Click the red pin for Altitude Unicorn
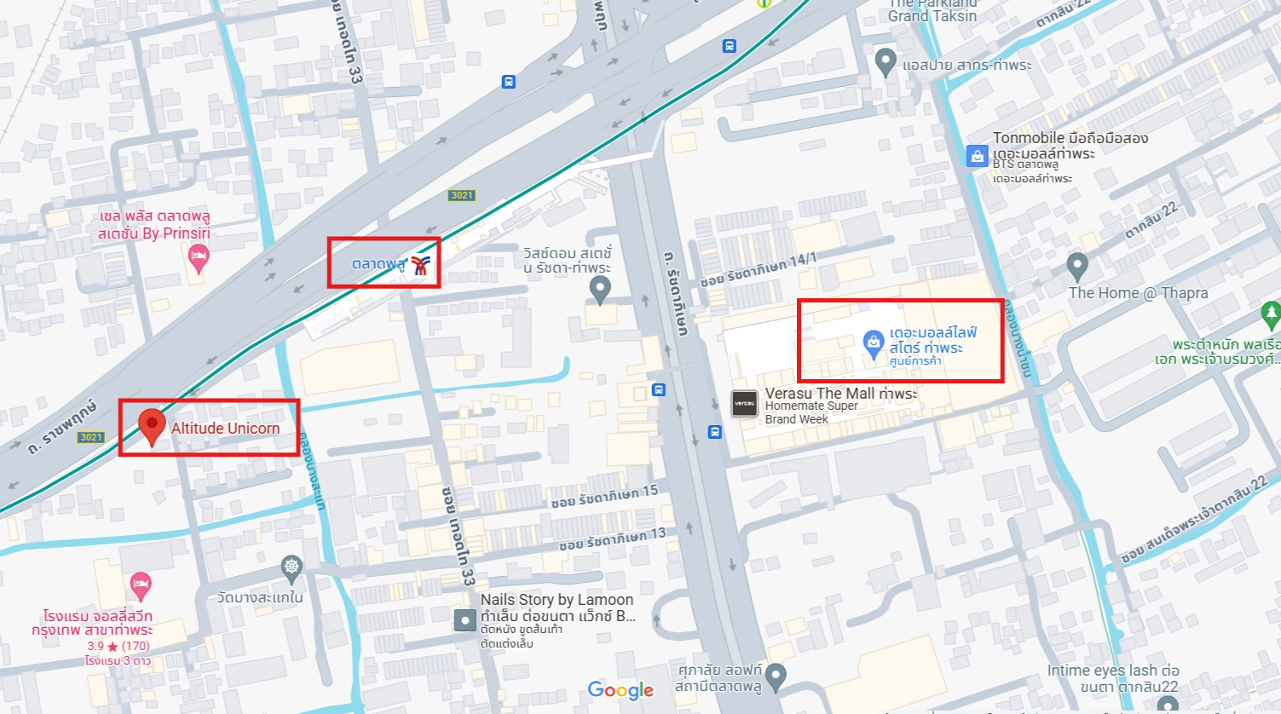[x=152, y=424]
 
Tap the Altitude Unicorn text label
[x=225, y=429]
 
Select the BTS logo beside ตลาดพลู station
[x=419, y=265]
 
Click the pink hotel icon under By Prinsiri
[x=199, y=257]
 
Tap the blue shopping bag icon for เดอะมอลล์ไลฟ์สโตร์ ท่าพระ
[x=874, y=343]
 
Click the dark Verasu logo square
[x=744, y=404]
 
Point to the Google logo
[x=620, y=690]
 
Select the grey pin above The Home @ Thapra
[x=1077, y=266]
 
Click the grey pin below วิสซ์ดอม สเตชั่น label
[x=600, y=289]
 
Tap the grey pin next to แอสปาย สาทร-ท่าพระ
[x=886, y=61]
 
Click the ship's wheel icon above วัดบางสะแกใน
[x=291, y=567]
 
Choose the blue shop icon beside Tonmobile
[x=977, y=156]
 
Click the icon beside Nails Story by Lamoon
[x=465, y=619]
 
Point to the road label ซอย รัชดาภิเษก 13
[x=612, y=538]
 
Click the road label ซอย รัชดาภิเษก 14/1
[x=758, y=269]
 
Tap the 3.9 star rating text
[x=118, y=646]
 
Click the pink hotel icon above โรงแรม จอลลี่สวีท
[x=141, y=585]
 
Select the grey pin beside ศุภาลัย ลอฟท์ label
[x=775, y=677]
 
